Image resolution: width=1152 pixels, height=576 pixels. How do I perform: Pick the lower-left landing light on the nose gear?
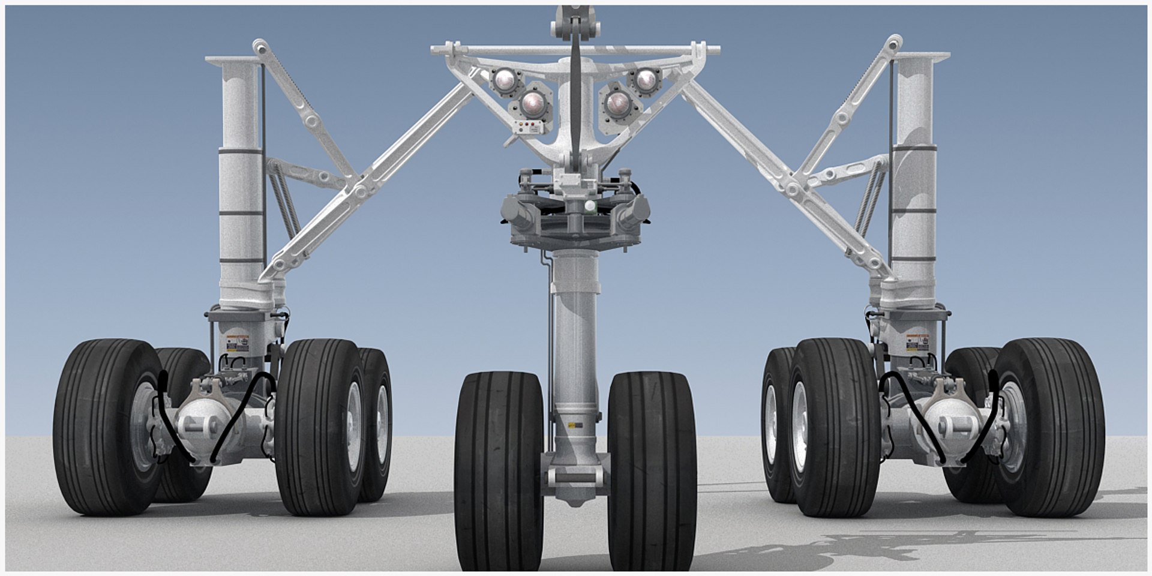[533, 104]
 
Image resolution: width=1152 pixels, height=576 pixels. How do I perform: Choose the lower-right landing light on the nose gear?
[617, 103]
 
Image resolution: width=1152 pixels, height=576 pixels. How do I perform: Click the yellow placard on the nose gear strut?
[575, 425]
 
